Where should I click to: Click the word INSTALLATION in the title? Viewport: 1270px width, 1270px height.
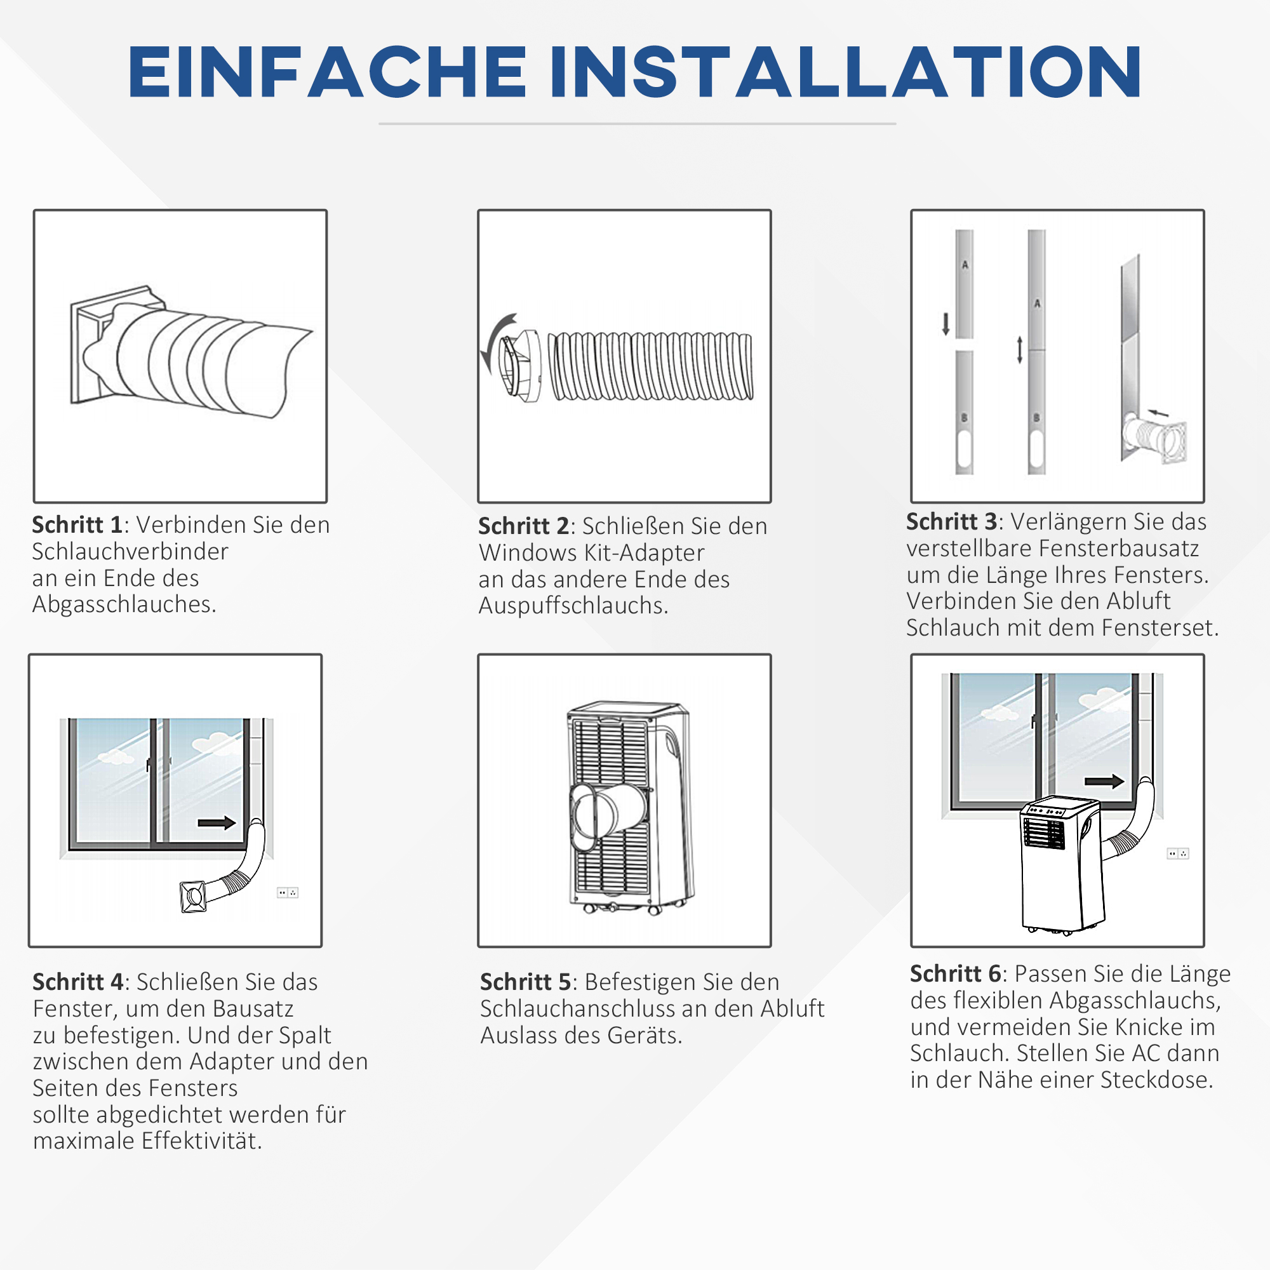(x=845, y=72)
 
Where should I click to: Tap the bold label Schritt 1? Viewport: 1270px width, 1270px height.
(x=77, y=525)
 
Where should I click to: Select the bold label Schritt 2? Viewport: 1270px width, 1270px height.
(x=523, y=526)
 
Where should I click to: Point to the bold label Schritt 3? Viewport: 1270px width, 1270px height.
(x=952, y=522)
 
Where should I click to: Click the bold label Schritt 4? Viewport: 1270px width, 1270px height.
(x=77, y=982)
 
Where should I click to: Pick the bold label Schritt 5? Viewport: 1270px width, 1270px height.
(x=525, y=982)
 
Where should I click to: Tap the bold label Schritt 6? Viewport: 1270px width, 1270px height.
(x=955, y=973)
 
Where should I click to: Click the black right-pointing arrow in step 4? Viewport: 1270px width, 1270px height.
(x=217, y=823)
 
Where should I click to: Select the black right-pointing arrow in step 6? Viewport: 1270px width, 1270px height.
(x=1104, y=781)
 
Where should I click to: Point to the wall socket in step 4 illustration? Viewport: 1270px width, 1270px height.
(x=287, y=893)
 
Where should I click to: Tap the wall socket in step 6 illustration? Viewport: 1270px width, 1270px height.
(x=1177, y=854)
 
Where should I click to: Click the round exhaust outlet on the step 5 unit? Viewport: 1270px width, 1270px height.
(x=595, y=815)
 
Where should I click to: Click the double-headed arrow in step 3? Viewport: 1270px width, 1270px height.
(x=1020, y=350)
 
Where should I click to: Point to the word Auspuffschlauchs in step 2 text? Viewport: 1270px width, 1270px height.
(x=573, y=606)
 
